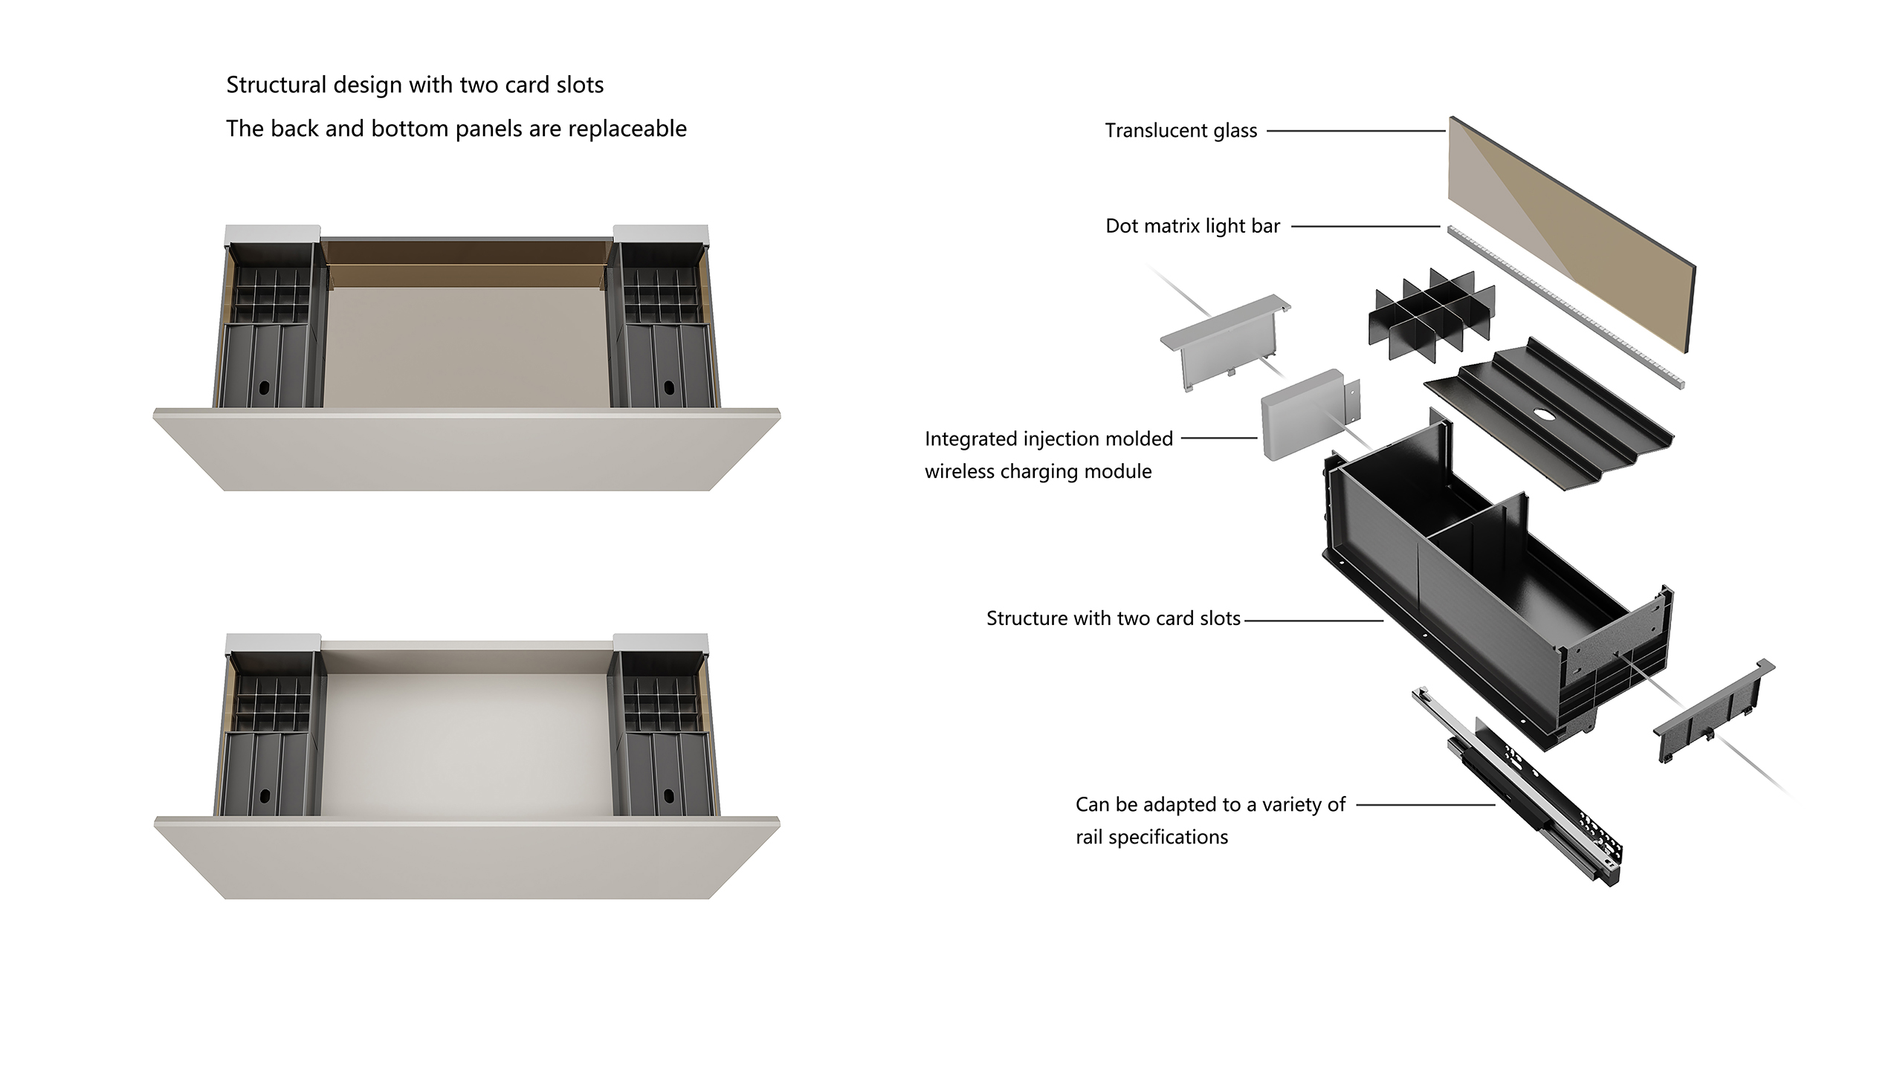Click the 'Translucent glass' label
pos(1180,131)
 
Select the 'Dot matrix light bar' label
pos(1192,226)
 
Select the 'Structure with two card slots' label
pos(1113,618)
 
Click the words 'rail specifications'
pos(1151,837)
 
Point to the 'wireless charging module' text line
pos(1038,471)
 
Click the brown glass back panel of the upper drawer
pos(467,263)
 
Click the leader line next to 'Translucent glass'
pos(1355,131)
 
